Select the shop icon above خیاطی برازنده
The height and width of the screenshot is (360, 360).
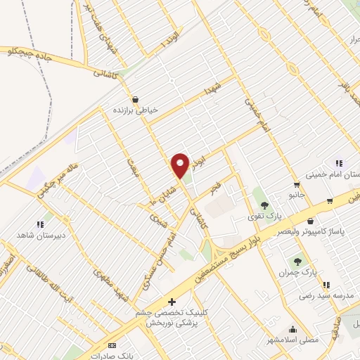[x=135, y=99]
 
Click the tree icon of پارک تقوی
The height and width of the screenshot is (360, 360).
[x=264, y=204]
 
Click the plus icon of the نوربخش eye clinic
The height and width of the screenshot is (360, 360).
[x=171, y=302]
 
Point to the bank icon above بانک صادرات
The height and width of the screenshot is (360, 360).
[x=112, y=346]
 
